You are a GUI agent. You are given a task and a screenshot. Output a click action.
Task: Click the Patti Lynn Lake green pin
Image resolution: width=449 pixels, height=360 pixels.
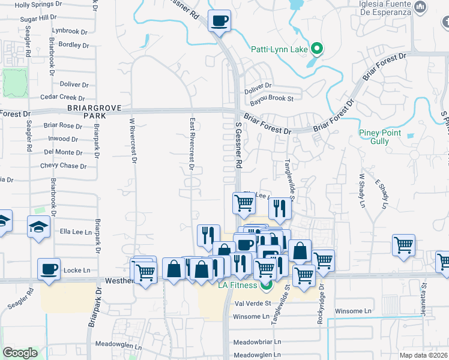point(318,49)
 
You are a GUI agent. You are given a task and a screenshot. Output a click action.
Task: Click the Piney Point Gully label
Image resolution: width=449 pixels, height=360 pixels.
point(382,137)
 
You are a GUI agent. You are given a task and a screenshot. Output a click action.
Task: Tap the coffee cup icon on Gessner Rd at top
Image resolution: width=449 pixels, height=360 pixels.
point(219,22)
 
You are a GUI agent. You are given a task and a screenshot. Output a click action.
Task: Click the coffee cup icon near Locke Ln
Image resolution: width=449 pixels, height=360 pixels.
point(49,269)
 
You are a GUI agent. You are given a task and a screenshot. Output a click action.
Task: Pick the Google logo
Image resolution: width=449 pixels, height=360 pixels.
point(20,353)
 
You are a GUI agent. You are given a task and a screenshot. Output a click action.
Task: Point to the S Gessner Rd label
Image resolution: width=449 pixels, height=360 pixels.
point(238,146)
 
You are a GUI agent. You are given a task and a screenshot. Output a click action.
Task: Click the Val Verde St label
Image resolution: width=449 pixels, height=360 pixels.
point(254,304)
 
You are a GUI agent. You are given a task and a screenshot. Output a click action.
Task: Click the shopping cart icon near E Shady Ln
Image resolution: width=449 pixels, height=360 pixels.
point(404,245)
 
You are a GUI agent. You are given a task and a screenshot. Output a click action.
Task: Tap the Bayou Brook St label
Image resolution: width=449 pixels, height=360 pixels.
point(272,98)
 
